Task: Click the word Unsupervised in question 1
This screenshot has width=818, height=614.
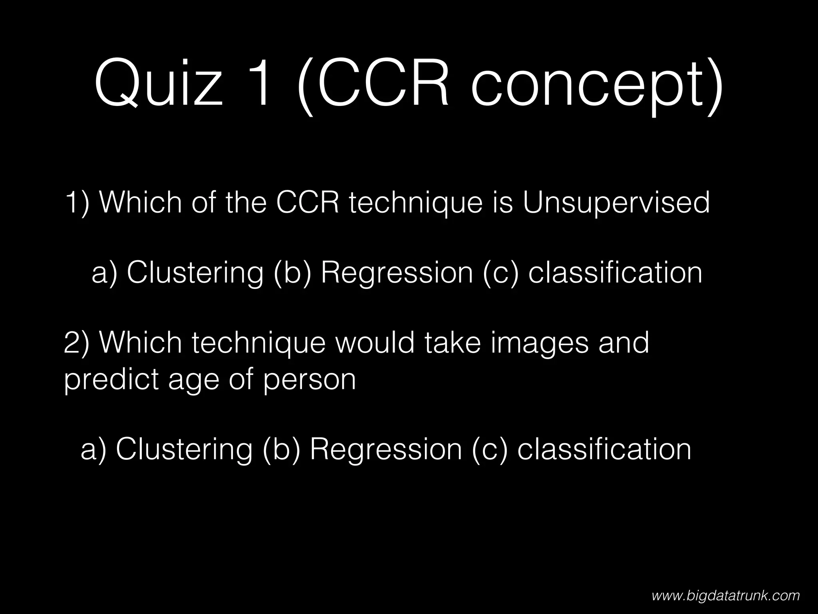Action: (616, 203)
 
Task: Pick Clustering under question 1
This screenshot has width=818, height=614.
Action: (195, 273)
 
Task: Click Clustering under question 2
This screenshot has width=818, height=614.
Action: (184, 449)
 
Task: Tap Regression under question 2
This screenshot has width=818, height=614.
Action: (386, 449)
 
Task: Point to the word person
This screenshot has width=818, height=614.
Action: (309, 380)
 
